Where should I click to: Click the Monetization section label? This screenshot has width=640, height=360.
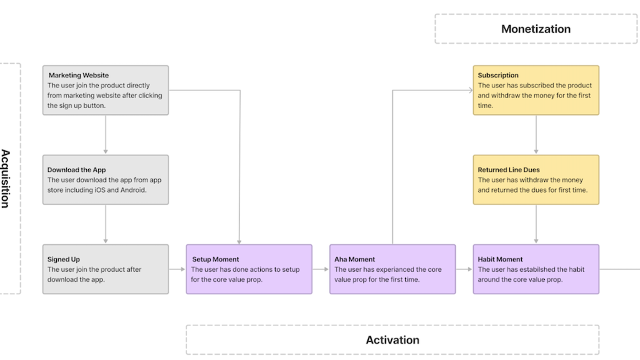point(535,29)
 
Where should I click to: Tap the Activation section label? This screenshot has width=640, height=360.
point(392,340)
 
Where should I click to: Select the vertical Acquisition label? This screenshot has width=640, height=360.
point(6,179)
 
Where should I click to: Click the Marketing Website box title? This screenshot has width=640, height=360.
point(79,75)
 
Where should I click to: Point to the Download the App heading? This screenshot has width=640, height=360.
point(76,170)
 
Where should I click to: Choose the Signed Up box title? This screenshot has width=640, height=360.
point(64,259)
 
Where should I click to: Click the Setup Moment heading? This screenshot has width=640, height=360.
point(215,259)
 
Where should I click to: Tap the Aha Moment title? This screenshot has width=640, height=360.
point(355,259)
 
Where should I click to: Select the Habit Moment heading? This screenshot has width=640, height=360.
point(500,259)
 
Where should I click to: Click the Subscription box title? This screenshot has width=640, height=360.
point(498,75)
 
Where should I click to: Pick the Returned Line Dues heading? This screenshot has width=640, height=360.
point(509,170)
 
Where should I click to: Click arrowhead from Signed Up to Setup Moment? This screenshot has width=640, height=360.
point(183,269)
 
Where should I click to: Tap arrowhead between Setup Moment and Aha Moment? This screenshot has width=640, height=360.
point(326,269)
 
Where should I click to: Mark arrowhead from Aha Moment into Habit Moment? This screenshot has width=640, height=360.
point(469,269)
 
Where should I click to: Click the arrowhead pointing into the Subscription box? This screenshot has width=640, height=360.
point(470,90)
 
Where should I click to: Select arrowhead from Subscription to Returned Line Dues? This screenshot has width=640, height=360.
point(536,151)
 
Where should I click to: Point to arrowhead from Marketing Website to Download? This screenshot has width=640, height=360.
point(105,151)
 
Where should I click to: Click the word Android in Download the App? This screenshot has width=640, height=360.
point(133,190)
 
